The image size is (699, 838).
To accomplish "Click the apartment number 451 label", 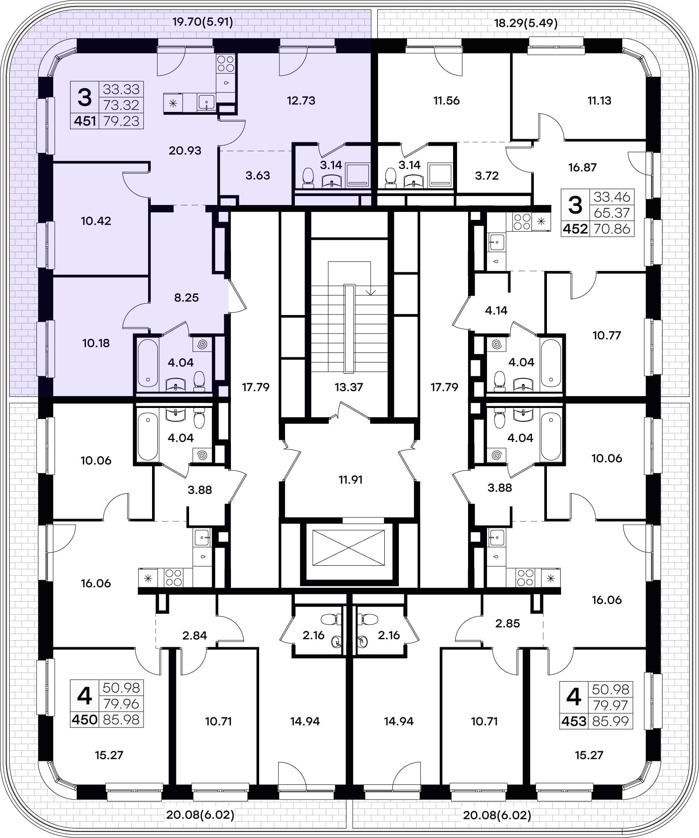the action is [x=85, y=121].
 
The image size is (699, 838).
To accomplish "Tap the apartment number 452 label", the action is [x=575, y=229].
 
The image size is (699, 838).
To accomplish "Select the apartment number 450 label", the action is [x=85, y=720].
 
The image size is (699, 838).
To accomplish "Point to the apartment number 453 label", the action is [x=574, y=722].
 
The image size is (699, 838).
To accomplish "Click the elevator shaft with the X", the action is [x=349, y=548].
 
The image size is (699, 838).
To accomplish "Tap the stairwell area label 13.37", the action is [x=349, y=387].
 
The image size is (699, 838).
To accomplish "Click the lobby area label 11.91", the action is [x=350, y=480].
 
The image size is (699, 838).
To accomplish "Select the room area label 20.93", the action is [x=185, y=151].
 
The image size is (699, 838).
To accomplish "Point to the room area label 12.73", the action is [x=301, y=100].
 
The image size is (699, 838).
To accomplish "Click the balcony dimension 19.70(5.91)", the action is [x=202, y=22].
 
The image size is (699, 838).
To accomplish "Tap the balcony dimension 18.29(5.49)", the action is [x=526, y=23].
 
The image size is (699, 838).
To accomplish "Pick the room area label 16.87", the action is [x=583, y=167].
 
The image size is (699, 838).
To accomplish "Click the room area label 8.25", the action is [x=186, y=298].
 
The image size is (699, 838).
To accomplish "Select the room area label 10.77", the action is [x=607, y=336].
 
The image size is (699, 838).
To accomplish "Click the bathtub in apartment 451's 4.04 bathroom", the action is [x=148, y=363].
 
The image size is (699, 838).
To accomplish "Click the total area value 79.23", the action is [x=121, y=121].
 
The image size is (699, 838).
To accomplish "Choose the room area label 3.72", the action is [x=487, y=176].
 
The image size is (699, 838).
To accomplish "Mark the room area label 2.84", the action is [x=195, y=635].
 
